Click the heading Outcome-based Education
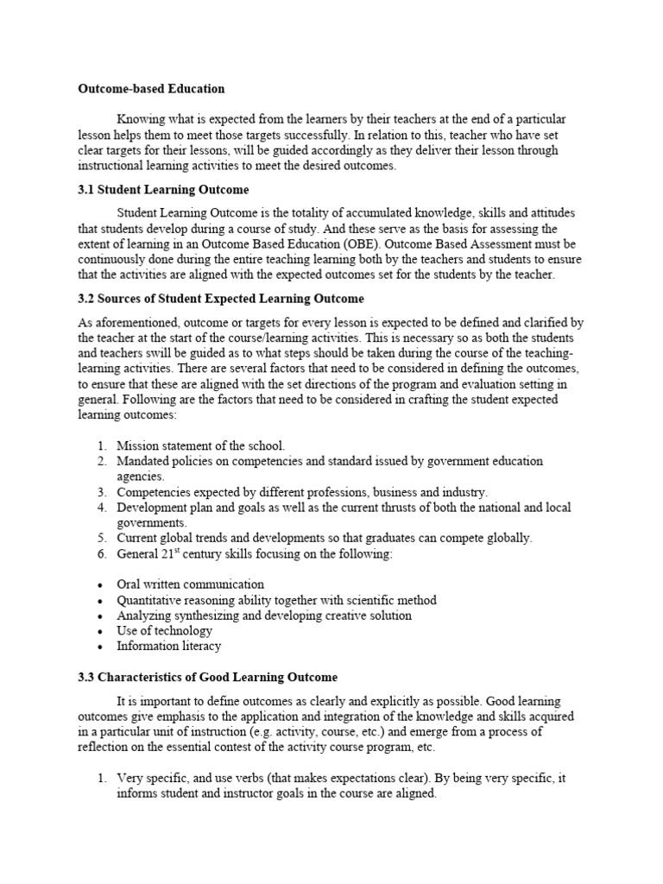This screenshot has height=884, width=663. coord(151,89)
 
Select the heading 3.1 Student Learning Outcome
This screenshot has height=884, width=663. coord(163,190)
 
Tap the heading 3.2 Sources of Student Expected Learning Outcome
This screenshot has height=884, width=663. coord(221,299)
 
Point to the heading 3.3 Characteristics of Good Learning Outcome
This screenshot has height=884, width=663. coord(208,677)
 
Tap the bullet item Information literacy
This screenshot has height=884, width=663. coord(168,646)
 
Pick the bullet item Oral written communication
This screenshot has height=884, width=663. coord(190,584)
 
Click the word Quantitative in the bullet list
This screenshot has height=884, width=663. coord(150,600)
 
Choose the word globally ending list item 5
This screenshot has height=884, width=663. coord(508,538)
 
